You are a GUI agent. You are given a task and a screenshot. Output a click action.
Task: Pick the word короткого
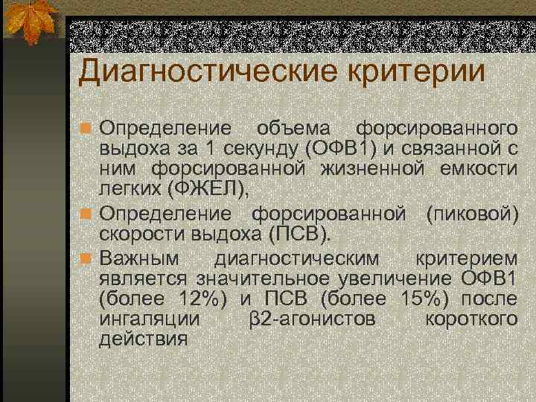click(470, 319)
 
